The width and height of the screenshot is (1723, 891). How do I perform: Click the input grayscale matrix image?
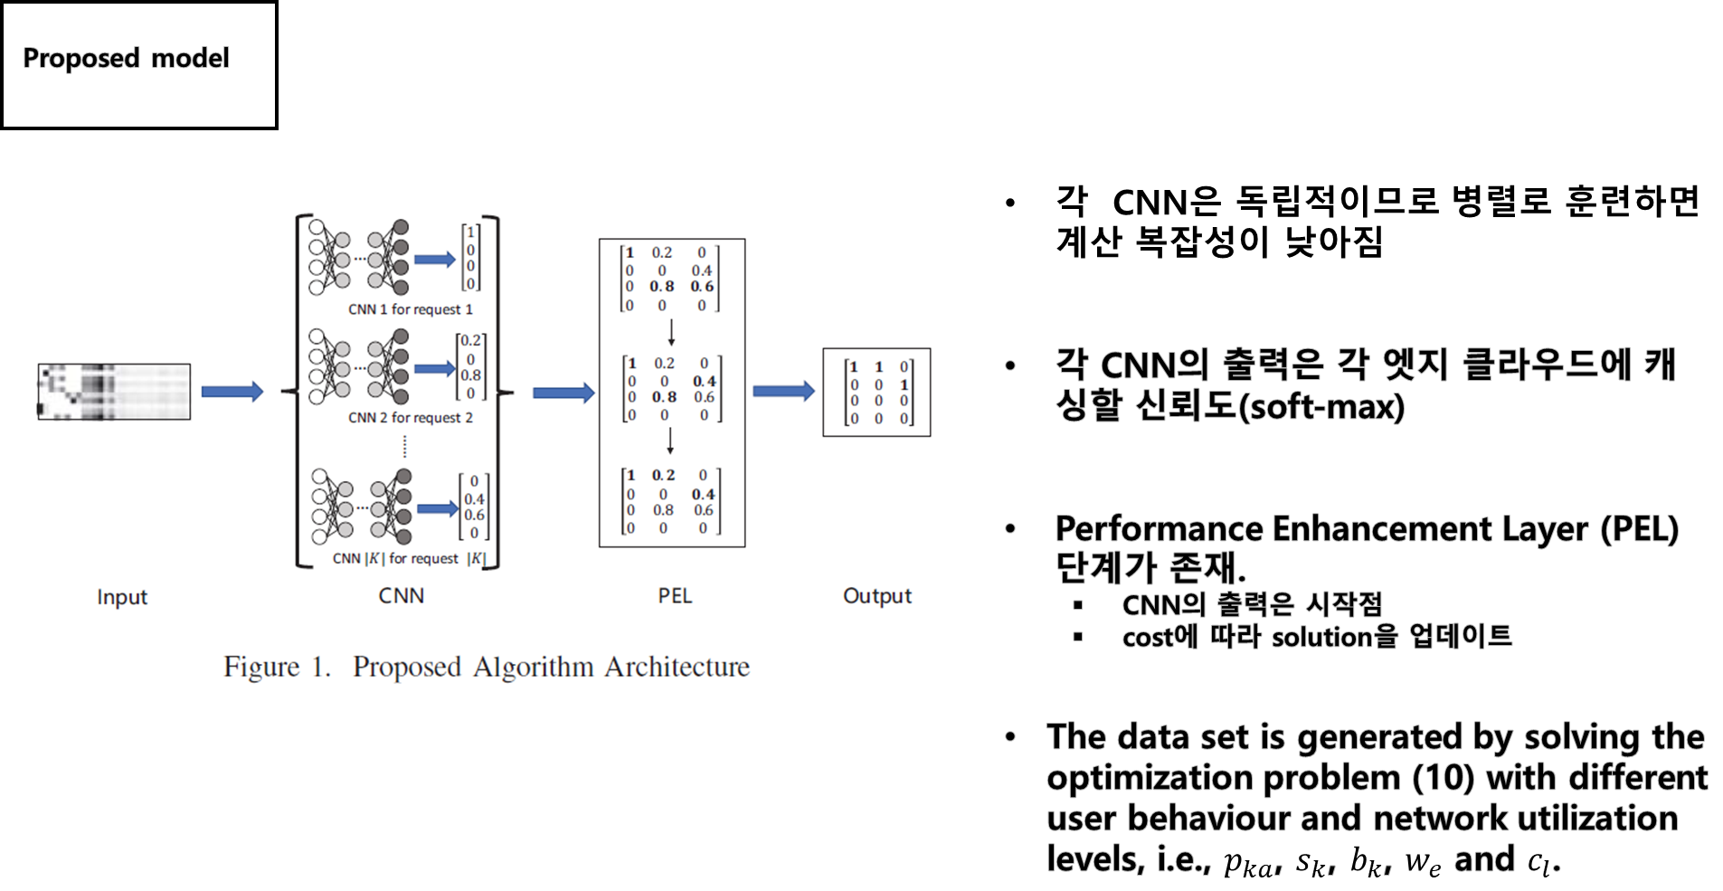(x=114, y=392)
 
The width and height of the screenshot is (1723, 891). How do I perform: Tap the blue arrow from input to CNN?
(x=232, y=392)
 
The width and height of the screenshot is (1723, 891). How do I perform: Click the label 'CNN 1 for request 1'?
(x=410, y=309)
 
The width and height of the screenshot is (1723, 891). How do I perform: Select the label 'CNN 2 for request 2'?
(x=410, y=418)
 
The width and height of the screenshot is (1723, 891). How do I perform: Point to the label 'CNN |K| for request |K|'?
(x=409, y=559)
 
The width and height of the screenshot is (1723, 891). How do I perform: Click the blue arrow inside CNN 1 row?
(x=434, y=260)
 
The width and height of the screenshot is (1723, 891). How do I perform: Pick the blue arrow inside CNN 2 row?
(x=434, y=368)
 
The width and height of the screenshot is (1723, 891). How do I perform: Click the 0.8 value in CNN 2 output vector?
(x=470, y=375)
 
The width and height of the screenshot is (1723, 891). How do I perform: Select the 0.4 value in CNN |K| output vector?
(x=474, y=499)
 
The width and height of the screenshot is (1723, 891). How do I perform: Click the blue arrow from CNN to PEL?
(x=563, y=393)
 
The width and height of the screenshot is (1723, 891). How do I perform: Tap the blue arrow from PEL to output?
(x=783, y=391)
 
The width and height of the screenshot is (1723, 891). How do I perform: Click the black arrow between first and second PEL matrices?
(x=671, y=332)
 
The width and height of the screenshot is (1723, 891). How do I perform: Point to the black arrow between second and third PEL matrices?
(x=670, y=441)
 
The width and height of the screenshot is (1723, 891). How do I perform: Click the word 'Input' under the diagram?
(x=122, y=597)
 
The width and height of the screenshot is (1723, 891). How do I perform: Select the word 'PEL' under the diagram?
(x=675, y=596)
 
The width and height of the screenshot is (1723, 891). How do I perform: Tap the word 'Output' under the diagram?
(x=877, y=596)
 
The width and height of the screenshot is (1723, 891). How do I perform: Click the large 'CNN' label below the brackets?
(x=401, y=596)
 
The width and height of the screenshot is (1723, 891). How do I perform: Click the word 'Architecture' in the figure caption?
(x=677, y=667)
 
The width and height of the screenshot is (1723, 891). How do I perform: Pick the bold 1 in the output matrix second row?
(x=904, y=384)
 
